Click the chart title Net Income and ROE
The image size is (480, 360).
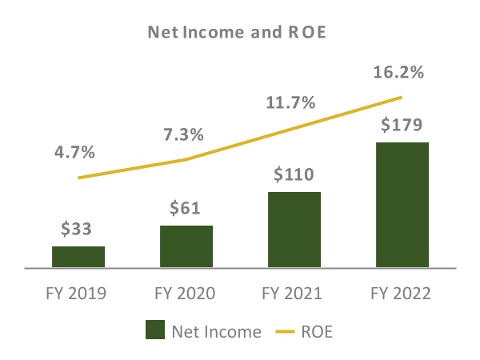point(240,34)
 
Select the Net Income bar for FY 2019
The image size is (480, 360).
point(78,256)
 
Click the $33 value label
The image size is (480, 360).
point(78,230)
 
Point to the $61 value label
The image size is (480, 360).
point(186,209)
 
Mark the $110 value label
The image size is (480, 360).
point(294,174)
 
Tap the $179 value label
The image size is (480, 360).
point(402,126)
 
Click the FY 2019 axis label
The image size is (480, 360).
point(78,294)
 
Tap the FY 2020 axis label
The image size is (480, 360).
point(186,294)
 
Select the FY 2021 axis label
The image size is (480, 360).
point(294,294)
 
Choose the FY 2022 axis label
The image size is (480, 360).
point(402,294)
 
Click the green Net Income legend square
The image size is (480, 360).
point(155,330)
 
